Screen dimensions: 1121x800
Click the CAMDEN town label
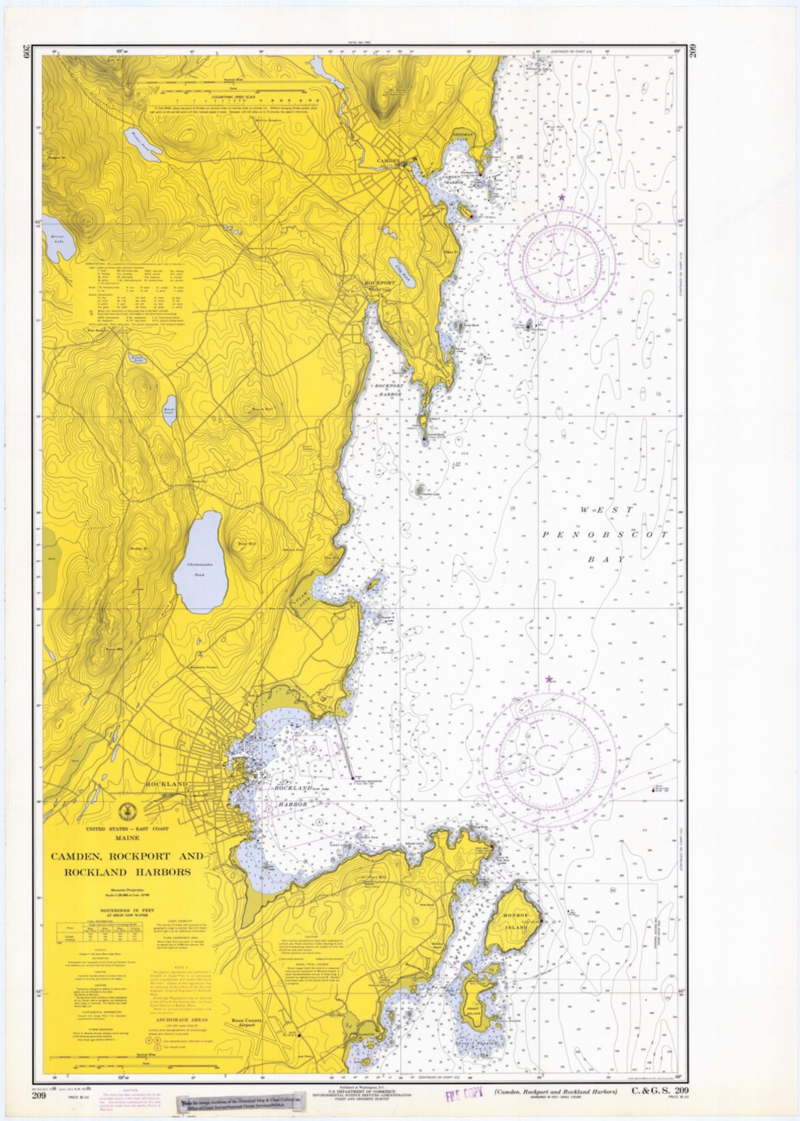[387, 161]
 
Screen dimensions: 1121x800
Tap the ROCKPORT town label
[380, 283]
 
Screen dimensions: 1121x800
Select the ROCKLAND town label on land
[166, 783]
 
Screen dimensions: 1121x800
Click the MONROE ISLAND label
[516, 921]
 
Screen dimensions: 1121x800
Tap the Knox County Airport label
[247, 1022]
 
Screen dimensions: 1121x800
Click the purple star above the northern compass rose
[561, 197]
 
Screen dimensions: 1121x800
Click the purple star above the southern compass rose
[549, 679]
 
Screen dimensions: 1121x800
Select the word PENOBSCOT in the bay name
[604, 534]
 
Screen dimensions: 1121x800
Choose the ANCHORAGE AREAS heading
[182, 1019]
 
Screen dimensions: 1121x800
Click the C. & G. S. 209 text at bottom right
[660, 1090]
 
